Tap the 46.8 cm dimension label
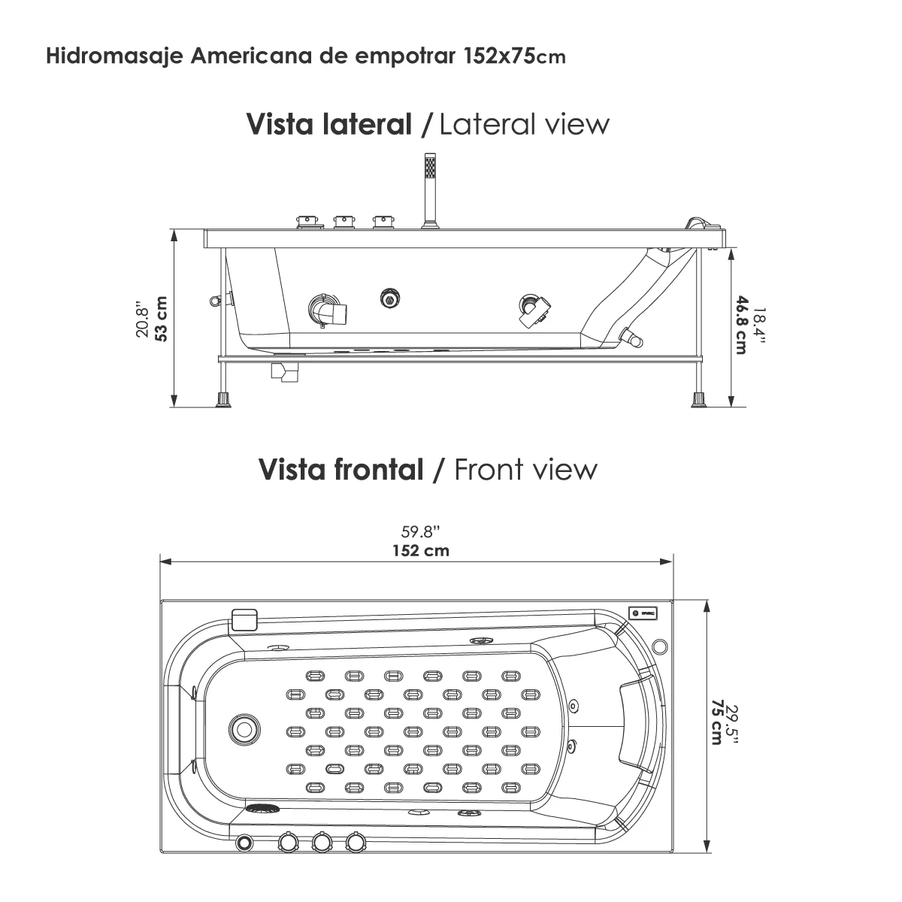pos(741,325)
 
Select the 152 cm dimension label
pos(421,550)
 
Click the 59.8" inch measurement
pos(421,531)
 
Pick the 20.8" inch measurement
pos(142,319)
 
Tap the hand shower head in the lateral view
pos(430,171)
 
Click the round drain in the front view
pos(244,729)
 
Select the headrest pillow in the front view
pos(636,728)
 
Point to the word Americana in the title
pos(251,56)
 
